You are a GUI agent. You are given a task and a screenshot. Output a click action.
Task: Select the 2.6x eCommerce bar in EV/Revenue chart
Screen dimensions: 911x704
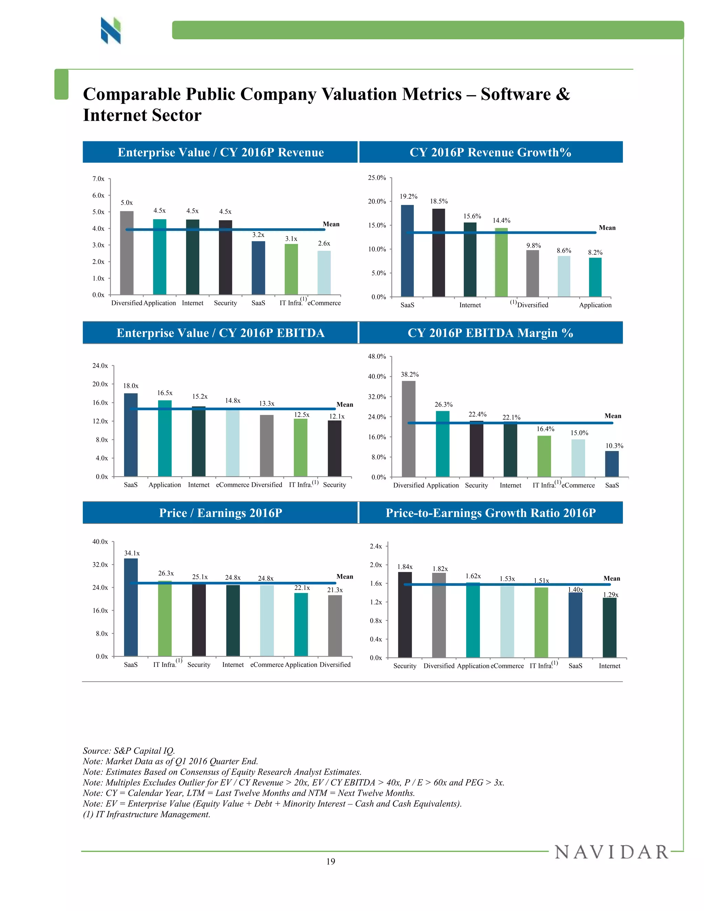324,273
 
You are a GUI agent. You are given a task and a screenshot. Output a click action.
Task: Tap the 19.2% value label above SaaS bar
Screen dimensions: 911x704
408,196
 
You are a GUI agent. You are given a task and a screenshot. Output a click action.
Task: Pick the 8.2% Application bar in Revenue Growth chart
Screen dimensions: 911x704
595,277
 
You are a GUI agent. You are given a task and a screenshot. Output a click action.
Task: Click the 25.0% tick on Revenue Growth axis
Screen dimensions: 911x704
377,178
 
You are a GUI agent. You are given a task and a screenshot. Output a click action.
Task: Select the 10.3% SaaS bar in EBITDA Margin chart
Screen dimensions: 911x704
612,464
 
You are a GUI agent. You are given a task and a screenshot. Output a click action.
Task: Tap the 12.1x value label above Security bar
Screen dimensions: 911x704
337,416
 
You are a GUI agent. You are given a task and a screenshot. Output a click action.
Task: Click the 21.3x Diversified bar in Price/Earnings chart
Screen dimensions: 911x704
335,625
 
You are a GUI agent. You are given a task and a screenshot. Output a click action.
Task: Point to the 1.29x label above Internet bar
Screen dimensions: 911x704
610,594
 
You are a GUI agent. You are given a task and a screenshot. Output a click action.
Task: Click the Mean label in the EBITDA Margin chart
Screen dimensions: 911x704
613,416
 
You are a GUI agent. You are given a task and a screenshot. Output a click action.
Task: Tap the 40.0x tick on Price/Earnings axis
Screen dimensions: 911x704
100,542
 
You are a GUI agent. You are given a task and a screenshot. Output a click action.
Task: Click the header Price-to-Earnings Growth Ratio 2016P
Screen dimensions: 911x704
491,513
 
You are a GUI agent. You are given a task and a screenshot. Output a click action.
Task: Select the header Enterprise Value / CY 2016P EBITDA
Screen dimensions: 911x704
220,333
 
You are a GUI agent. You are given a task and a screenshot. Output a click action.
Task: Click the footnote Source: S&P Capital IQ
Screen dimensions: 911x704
129,751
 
